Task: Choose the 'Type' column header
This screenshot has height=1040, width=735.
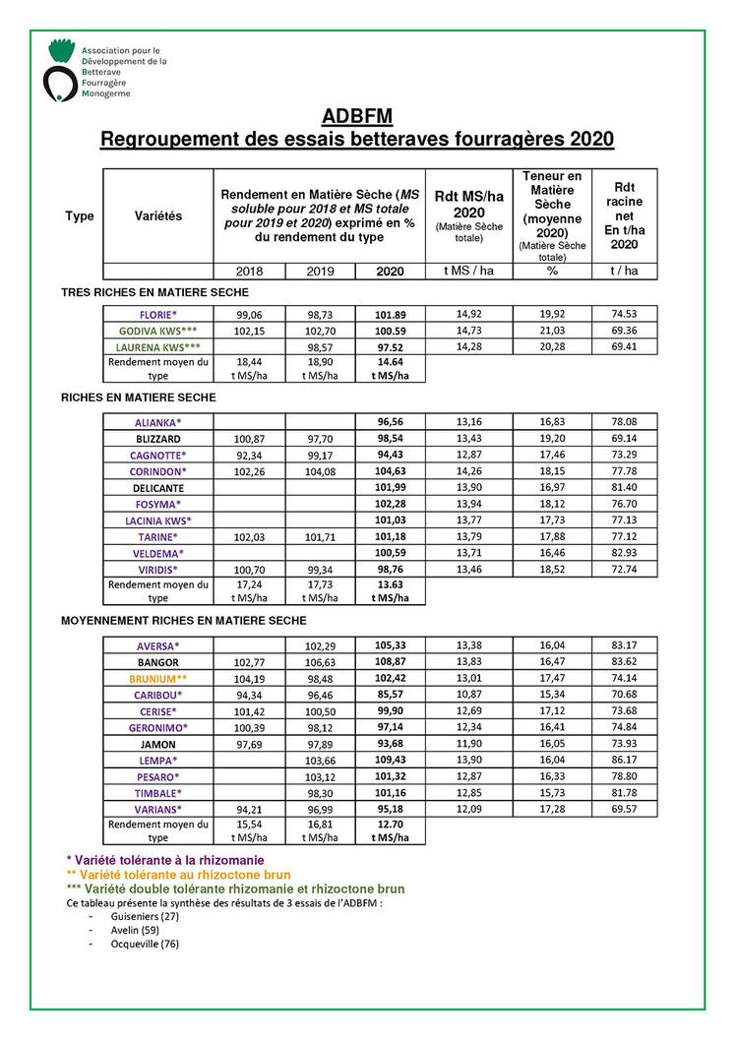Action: coord(80,216)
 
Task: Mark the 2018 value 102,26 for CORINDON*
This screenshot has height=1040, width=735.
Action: coord(248,472)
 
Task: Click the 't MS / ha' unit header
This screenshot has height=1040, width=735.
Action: coord(468,272)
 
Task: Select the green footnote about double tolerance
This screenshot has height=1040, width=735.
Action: coord(234,888)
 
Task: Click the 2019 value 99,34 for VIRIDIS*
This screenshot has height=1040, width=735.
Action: coord(319,569)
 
